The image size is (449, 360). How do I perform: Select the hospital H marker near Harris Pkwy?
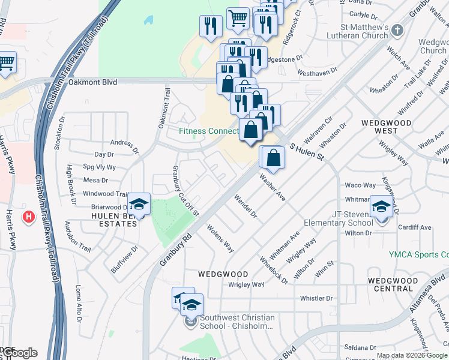coord(28,216)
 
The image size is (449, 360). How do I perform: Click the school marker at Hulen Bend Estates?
coord(139,205)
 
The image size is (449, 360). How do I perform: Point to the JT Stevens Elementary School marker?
coord(381,207)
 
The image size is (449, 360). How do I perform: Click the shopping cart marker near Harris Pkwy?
coord(6,62)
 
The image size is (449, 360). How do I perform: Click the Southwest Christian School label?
coord(238,322)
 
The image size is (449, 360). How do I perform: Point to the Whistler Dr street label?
coord(316,298)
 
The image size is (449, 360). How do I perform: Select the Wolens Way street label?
coord(220,238)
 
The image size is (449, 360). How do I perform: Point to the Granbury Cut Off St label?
coord(185,188)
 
